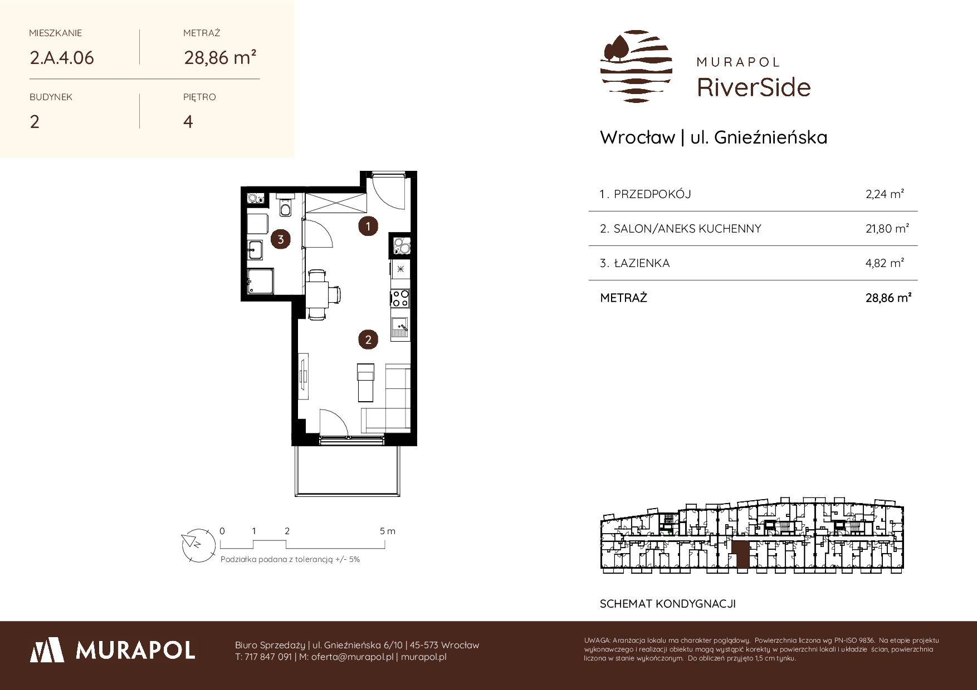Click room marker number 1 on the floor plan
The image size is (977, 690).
368,226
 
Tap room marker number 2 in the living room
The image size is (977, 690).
368,339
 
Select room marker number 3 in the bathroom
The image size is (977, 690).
281,240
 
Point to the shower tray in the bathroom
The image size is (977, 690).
261,282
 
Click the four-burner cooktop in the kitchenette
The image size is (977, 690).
400,298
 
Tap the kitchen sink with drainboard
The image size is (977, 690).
400,328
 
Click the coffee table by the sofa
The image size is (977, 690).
365,382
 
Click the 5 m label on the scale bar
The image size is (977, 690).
388,531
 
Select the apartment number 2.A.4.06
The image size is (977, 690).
62,58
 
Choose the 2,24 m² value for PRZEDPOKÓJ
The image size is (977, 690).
885,194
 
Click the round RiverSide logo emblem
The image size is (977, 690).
636,67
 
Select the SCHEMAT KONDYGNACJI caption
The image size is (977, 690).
668,604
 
